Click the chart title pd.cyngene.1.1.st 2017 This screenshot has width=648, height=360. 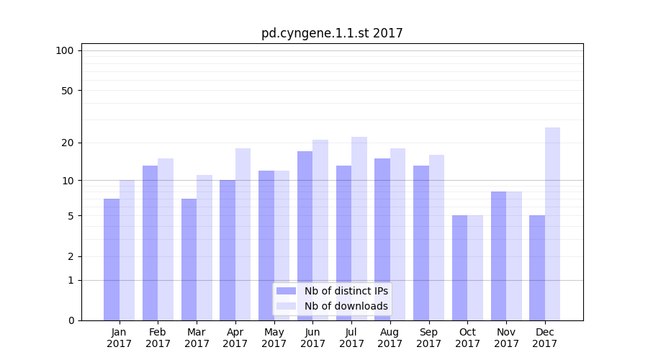click(x=332, y=33)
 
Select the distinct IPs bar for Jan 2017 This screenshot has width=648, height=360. click(x=112, y=259)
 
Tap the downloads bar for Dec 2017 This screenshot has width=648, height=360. click(x=552, y=224)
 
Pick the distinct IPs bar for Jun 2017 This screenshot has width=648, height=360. click(x=305, y=235)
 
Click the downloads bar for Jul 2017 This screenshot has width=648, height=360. click(x=359, y=228)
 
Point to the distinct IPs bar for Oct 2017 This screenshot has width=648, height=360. click(x=460, y=268)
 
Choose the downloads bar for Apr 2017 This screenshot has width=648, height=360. click(x=243, y=234)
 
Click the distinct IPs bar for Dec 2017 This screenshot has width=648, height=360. click(x=537, y=268)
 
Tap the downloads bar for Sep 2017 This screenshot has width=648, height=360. click(x=436, y=238)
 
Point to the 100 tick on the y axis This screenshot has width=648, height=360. click(x=65, y=50)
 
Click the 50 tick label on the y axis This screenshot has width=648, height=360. click(x=68, y=91)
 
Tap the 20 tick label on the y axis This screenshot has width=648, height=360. click(x=68, y=143)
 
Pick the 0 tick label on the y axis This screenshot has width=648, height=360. click(x=71, y=320)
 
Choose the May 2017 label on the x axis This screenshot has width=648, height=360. click(x=274, y=338)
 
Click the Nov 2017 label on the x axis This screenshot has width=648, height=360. click(x=506, y=338)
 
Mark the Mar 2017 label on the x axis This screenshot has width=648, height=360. click(x=197, y=338)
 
